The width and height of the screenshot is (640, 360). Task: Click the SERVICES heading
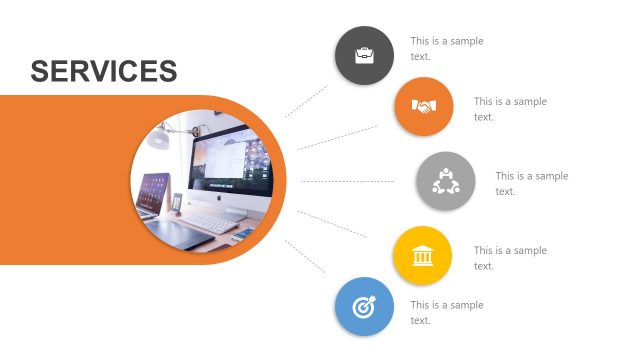pyautogui.click(x=104, y=71)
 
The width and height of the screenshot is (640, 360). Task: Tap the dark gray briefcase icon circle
pyautogui.click(x=364, y=55)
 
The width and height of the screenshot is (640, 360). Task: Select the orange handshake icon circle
pyautogui.click(x=424, y=107)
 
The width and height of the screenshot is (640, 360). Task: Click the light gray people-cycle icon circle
pyautogui.click(x=445, y=181)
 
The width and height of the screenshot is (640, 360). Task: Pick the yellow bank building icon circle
pyautogui.click(x=422, y=256)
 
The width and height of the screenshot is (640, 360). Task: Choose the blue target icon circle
pyautogui.click(x=364, y=307)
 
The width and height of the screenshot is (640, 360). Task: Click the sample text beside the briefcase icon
pyautogui.click(x=446, y=48)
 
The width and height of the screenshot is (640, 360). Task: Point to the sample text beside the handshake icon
pyautogui.click(x=510, y=108)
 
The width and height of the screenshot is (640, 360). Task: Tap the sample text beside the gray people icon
pyautogui.click(x=531, y=183)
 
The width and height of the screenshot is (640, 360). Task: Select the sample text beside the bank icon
pyautogui.click(x=510, y=257)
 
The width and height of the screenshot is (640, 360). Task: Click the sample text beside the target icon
pyautogui.click(x=446, y=312)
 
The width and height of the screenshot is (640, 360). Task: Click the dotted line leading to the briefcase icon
pyautogui.click(x=306, y=101)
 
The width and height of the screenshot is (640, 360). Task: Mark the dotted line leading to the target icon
pyautogui.click(x=306, y=257)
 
